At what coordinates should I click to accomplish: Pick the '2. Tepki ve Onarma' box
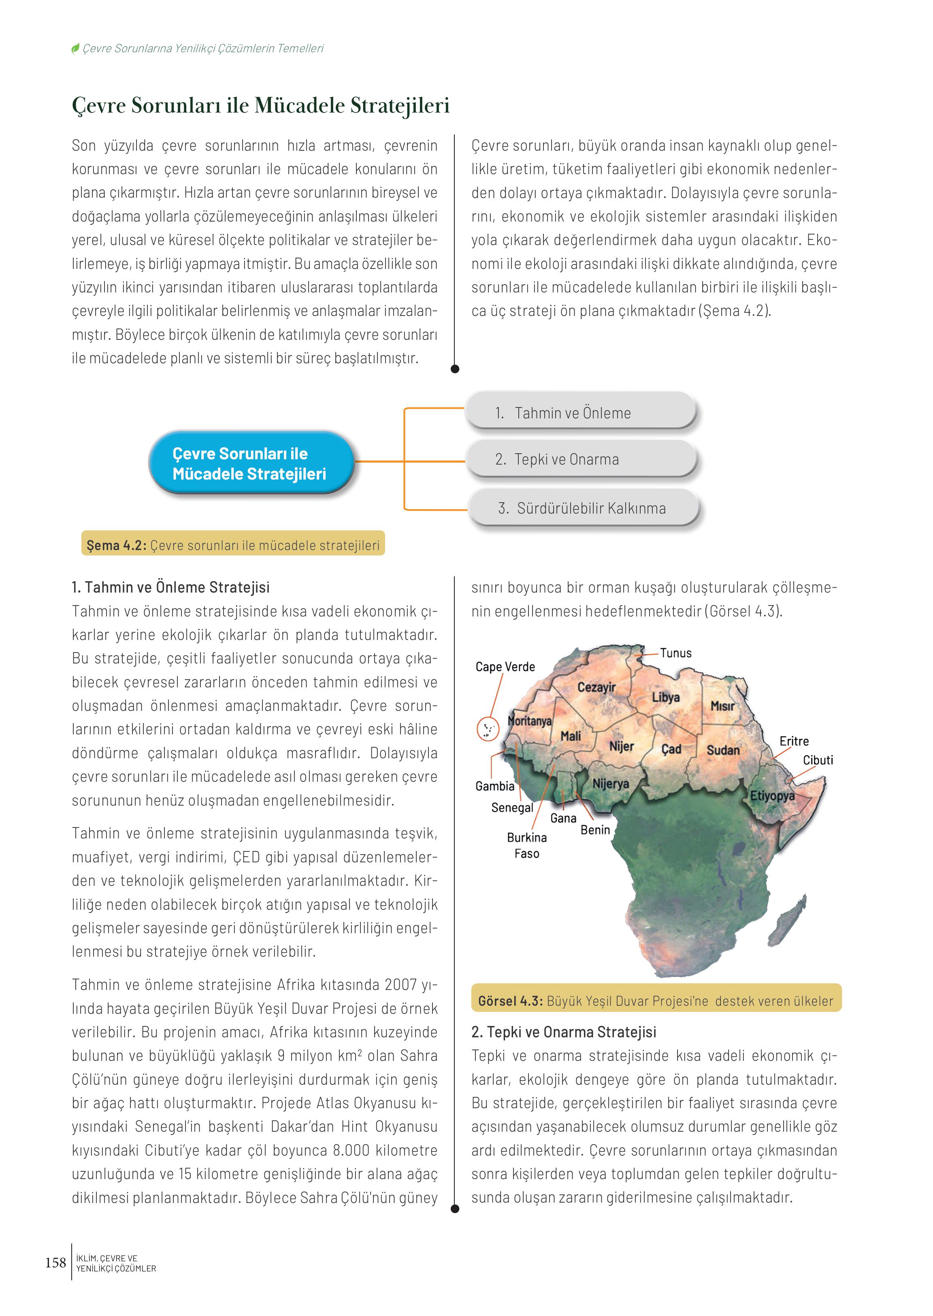[582, 459]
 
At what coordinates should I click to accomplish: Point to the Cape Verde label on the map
[505, 667]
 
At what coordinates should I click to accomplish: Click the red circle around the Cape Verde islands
[488, 729]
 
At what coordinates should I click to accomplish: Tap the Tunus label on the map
[675, 653]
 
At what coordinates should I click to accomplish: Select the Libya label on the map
[665, 697]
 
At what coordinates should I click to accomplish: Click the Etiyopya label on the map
[772, 796]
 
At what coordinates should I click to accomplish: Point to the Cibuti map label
[818, 760]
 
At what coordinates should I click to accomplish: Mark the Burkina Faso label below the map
[527, 845]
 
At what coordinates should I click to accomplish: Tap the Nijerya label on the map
[610, 783]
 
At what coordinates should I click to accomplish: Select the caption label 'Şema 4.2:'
[117, 545]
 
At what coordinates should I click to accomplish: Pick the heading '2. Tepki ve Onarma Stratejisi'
[564, 1032]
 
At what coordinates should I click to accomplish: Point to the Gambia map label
[495, 785]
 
